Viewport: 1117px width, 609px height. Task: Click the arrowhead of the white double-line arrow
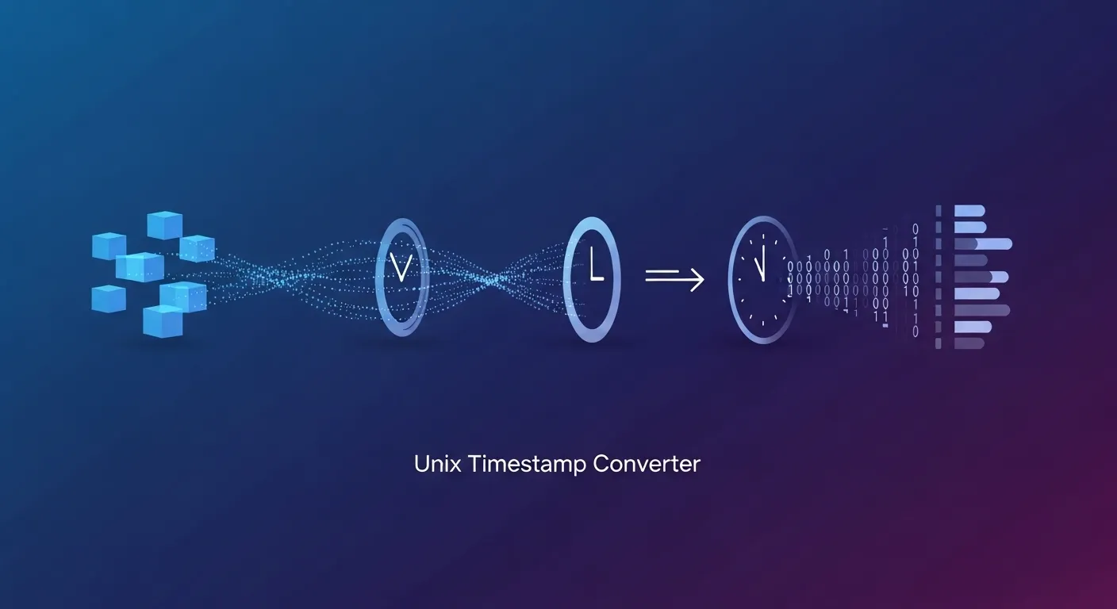[x=697, y=278]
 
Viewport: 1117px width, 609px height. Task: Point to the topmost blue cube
[x=165, y=225]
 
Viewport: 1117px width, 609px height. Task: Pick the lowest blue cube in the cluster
[x=163, y=320]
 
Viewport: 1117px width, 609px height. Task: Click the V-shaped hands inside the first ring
[x=401, y=268]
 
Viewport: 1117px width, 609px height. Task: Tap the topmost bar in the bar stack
[x=969, y=210]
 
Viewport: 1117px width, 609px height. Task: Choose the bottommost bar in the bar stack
[x=969, y=343]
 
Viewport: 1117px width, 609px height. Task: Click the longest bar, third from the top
[x=983, y=243]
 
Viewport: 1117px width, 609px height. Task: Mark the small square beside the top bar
[x=939, y=210]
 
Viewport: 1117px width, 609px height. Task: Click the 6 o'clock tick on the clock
[x=762, y=323]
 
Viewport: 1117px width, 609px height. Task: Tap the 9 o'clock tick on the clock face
[x=738, y=279]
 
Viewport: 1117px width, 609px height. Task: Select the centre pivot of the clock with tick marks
[x=763, y=279]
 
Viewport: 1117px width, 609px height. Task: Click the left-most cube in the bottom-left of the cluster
[x=109, y=298]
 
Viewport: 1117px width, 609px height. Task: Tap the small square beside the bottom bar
[x=939, y=343]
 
